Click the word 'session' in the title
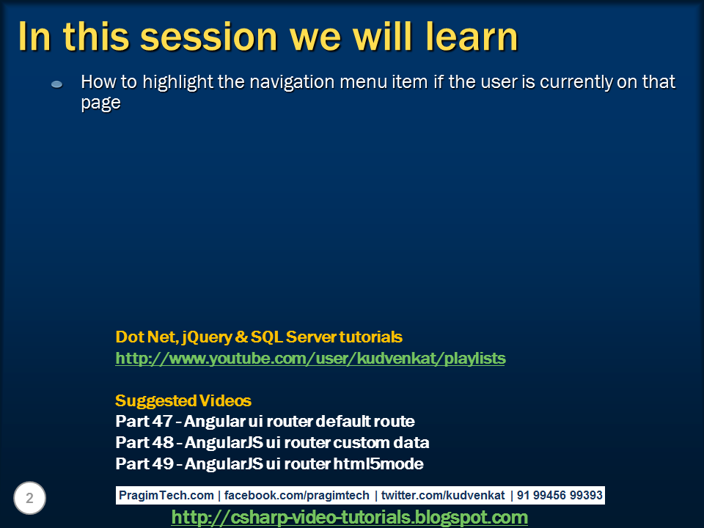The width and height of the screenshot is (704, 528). [x=209, y=37]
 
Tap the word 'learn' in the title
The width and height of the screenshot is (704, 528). [x=472, y=36]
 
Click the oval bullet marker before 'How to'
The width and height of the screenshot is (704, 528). [x=56, y=84]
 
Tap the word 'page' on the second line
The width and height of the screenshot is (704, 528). [x=100, y=103]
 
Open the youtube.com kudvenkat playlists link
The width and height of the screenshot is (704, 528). [x=310, y=359]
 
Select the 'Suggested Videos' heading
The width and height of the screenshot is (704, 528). [x=183, y=400]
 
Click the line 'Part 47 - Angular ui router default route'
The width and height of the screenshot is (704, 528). [x=265, y=421]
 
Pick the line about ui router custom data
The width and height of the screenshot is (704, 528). [x=272, y=442]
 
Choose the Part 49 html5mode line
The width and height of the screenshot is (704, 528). [x=269, y=463]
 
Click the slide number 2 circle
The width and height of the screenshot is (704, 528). [x=29, y=498]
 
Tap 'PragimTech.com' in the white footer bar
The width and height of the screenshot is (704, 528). [x=166, y=495]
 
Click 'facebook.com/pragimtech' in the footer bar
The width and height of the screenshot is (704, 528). [x=296, y=495]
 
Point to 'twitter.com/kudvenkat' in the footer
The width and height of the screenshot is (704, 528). [x=443, y=495]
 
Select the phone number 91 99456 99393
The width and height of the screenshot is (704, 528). [x=560, y=495]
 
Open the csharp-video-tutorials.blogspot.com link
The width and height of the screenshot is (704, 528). [x=349, y=517]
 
